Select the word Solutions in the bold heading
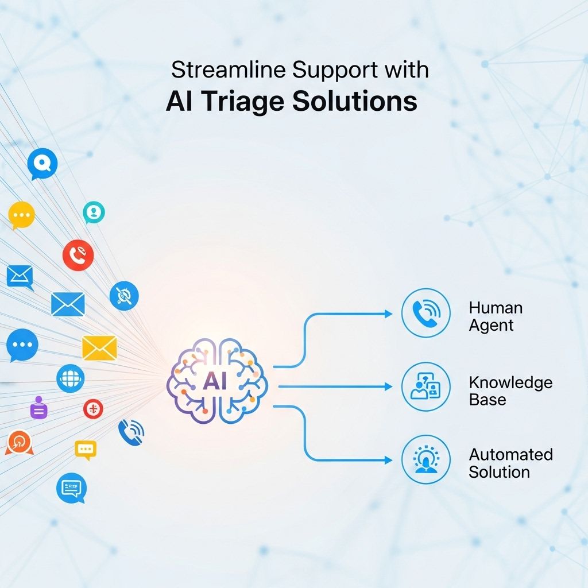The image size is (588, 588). tap(354, 102)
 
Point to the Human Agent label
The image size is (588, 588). tap(496, 316)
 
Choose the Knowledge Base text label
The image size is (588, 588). tap(510, 390)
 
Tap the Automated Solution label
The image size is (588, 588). tap(510, 463)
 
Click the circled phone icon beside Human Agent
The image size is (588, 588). tap(425, 312)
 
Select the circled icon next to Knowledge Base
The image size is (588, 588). tap(425, 386)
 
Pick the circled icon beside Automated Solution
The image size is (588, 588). tap(425, 459)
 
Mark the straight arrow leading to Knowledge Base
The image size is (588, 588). tap(333, 386)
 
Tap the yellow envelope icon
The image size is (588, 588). tap(99, 348)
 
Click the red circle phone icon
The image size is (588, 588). tap(78, 255)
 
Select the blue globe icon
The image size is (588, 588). tap(71, 378)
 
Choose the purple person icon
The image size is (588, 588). tap(39, 408)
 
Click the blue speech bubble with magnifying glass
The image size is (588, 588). tap(42, 164)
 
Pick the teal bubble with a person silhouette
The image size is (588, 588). tap(94, 212)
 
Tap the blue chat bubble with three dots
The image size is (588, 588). tap(22, 346)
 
